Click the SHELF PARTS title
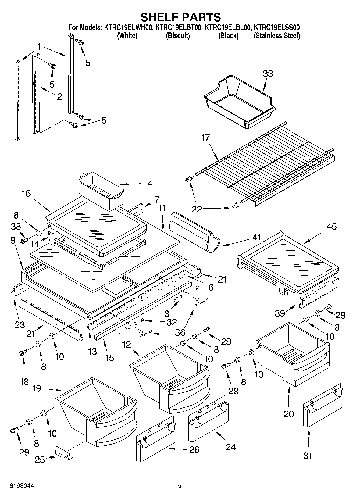[180, 17]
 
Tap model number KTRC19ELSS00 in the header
[277, 27]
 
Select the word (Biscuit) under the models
[178, 36]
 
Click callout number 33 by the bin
[268, 74]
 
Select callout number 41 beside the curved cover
[257, 237]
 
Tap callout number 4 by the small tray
[150, 184]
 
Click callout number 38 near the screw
[16, 227]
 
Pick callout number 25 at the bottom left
[40, 460]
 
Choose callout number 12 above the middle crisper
[126, 345]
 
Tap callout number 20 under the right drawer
[289, 414]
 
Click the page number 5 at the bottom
[180, 486]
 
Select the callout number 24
[231, 447]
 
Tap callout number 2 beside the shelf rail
[59, 96]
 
